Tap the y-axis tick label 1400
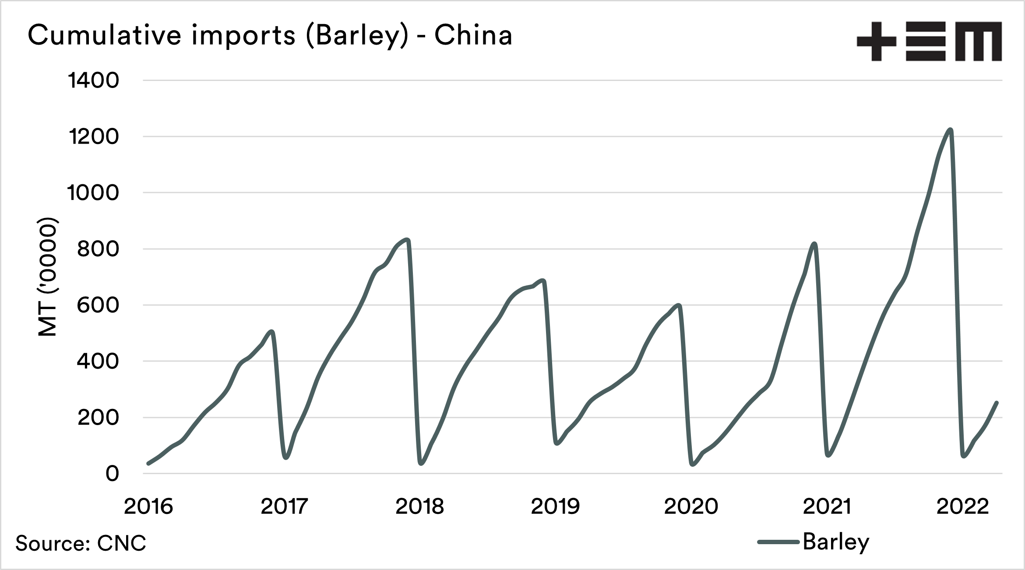coord(93,81)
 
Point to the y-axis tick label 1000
coord(92,193)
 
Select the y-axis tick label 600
coord(98,305)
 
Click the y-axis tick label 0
coord(112,474)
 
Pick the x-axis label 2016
coord(148,507)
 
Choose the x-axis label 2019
coord(555,507)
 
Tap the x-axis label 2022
coord(962,507)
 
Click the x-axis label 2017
coord(284,507)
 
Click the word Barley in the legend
coord(836,542)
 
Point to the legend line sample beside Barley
coord(778,542)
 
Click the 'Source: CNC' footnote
coord(81,543)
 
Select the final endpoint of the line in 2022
coord(997,402)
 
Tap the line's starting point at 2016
coord(148,463)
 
